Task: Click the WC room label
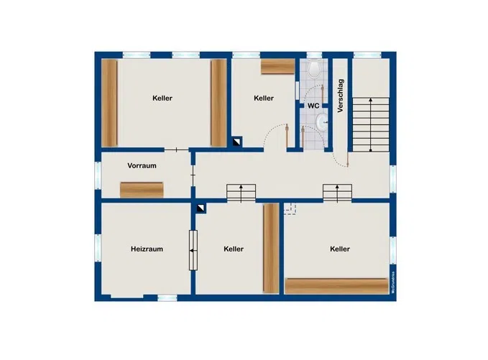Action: [313, 106]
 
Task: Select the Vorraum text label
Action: [142, 165]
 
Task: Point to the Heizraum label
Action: [147, 249]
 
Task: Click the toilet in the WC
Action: [314, 70]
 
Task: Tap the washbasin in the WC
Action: [321, 124]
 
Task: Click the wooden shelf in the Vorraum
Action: [142, 190]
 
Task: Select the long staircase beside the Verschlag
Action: [370, 124]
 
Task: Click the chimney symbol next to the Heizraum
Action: [201, 208]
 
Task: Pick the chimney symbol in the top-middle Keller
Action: [236, 142]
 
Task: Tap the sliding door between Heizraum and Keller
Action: [192, 250]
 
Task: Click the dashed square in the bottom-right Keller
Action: [290, 208]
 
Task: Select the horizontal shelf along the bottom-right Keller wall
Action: [336, 285]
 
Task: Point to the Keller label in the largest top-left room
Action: [162, 98]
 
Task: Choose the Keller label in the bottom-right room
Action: [340, 249]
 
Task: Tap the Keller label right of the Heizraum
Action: [234, 249]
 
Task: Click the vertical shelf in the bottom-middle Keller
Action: [271, 248]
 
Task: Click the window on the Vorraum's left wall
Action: [98, 175]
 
